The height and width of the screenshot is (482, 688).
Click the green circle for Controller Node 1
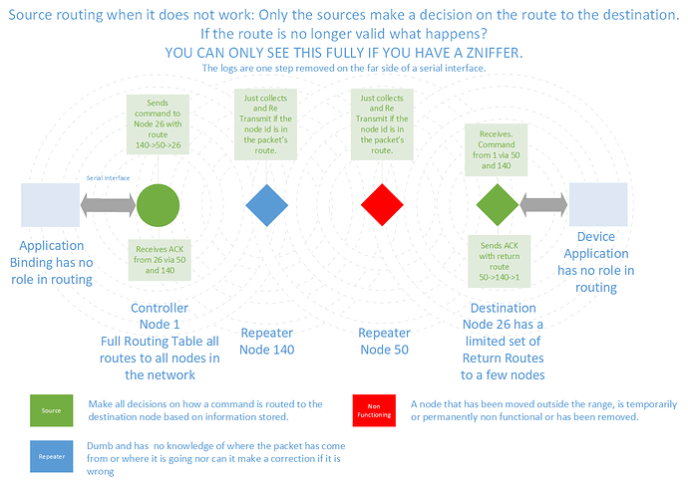(x=159, y=207)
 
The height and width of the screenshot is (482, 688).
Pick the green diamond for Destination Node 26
(x=498, y=207)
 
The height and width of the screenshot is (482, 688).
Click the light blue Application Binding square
(x=50, y=205)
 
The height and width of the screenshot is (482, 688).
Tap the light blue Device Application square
(x=597, y=206)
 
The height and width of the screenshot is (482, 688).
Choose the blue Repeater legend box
(x=50, y=456)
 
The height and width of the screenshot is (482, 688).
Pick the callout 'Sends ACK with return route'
(x=497, y=261)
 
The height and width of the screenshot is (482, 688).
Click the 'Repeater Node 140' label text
(x=266, y=341)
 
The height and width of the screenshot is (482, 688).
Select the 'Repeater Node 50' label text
(x=384, y=341)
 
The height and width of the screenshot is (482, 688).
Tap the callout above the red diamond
(x=382, y=124)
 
